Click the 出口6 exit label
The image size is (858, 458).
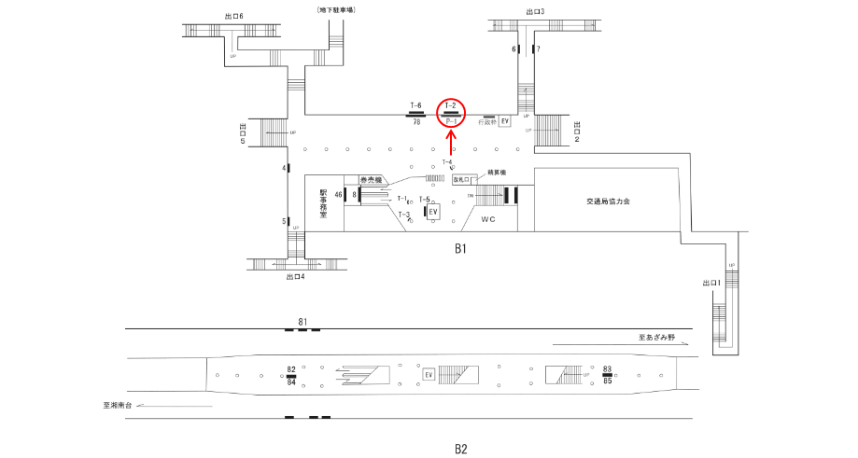234,16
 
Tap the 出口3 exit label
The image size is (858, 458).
535,12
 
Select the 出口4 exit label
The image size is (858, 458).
296,276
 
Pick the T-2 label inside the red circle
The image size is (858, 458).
451,105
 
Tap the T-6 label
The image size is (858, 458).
416,105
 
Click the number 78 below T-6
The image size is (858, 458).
416,121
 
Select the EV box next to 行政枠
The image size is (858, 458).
505,121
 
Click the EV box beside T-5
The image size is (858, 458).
432,212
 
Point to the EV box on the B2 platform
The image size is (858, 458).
429,375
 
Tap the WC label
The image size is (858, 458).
487,219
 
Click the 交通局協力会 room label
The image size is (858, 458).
608,201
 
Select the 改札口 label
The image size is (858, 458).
464,178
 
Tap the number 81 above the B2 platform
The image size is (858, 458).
302,322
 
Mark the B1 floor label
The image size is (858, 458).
459,249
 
